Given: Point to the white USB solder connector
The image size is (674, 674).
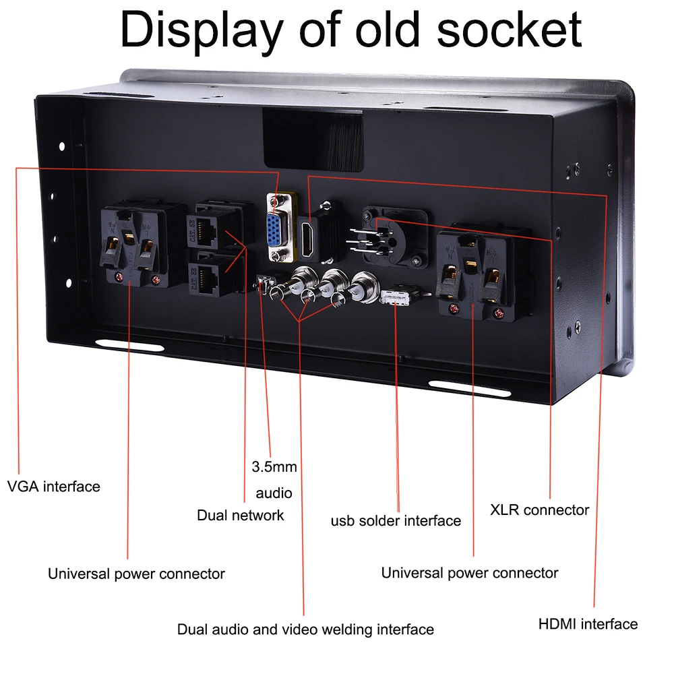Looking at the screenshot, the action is (x=398, y=297).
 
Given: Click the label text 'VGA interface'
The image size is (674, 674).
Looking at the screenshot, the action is (x=54, y=486).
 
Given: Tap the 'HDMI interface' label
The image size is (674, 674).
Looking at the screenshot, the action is (x=588, y=623).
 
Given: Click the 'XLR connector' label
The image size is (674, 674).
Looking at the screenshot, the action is (x=539, y=510).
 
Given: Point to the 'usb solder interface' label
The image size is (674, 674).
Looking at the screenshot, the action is (x=396, y=520).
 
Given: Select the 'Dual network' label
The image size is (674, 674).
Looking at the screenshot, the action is (x=241, y=516).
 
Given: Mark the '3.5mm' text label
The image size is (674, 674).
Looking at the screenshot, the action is (x=274, y=466).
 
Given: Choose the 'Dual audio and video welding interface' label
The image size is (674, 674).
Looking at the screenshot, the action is (x=305, y=630).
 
